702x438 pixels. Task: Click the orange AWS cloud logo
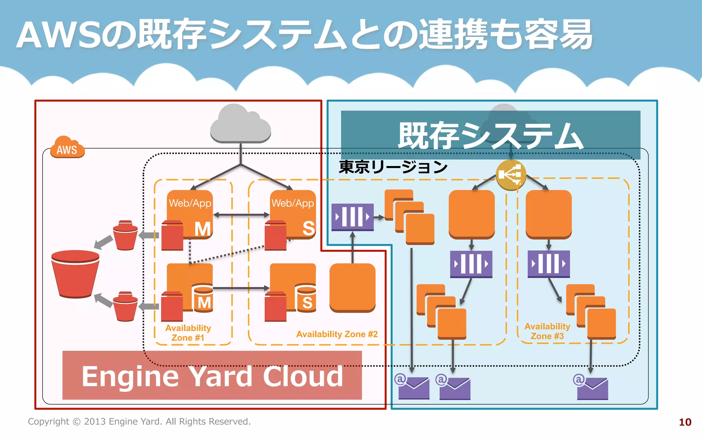point(67,147)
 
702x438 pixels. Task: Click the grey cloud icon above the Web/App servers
point(240,124)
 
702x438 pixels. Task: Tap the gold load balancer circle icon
point(510,175)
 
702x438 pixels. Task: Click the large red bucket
point(75,274)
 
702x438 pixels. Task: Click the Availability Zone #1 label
point(188,333)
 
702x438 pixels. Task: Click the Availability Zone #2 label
point(337,334)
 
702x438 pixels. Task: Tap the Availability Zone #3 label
point(547,331)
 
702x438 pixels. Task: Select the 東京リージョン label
point(393,167)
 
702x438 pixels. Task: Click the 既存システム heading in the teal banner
point(491,136)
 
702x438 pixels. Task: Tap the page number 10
point(685,422)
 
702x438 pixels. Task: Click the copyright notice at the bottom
point(139,421)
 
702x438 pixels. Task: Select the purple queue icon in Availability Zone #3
point(548,264)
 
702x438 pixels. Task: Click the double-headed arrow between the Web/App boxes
point(241,215)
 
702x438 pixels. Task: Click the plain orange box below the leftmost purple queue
point(352,287)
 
